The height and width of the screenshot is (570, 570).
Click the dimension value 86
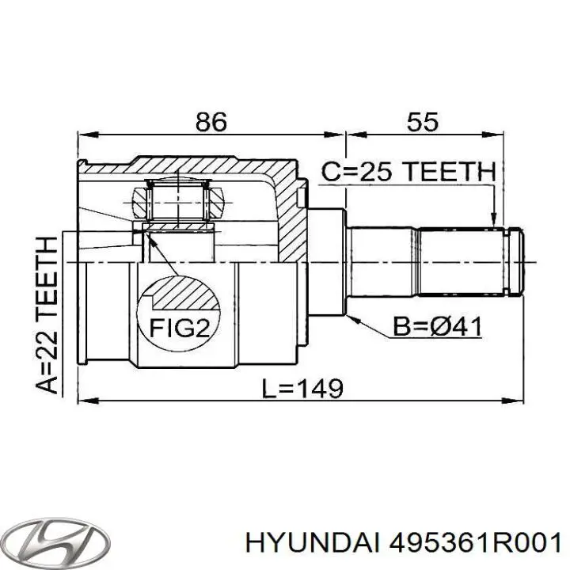(x=211, y=122)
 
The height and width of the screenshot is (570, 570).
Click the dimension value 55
(x=423, y=122)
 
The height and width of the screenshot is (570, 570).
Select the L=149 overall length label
(x=302, y=388)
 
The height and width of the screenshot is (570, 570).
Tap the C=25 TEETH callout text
(x=408, y=172)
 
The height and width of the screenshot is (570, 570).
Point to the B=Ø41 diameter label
(x=437, y=326)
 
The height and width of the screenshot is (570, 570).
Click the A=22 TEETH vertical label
(x=47, y=315)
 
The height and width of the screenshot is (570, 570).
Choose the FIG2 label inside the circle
(x=180, y=329)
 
